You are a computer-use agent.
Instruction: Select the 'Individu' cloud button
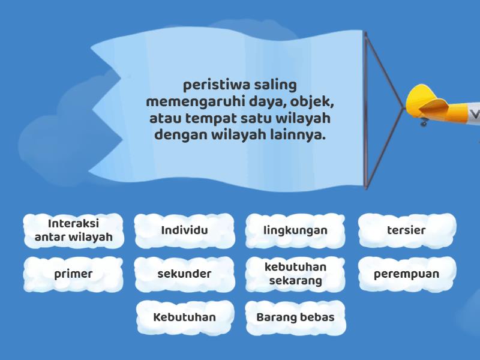tap(184, 230)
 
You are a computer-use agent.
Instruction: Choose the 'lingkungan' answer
tap(295, 230)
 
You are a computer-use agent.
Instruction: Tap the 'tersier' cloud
tap(407, 230)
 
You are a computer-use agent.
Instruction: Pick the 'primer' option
tap(73, 274)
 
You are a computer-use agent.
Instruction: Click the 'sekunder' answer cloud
tap(184, 274)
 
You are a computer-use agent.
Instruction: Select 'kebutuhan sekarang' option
tap(295, 274)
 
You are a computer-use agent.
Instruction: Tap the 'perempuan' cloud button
tap(407, 274)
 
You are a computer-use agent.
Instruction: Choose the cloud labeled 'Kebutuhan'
tap(184, 317)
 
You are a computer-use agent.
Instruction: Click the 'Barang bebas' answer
tap(295, 317)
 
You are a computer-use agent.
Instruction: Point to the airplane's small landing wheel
tap(424, 122)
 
